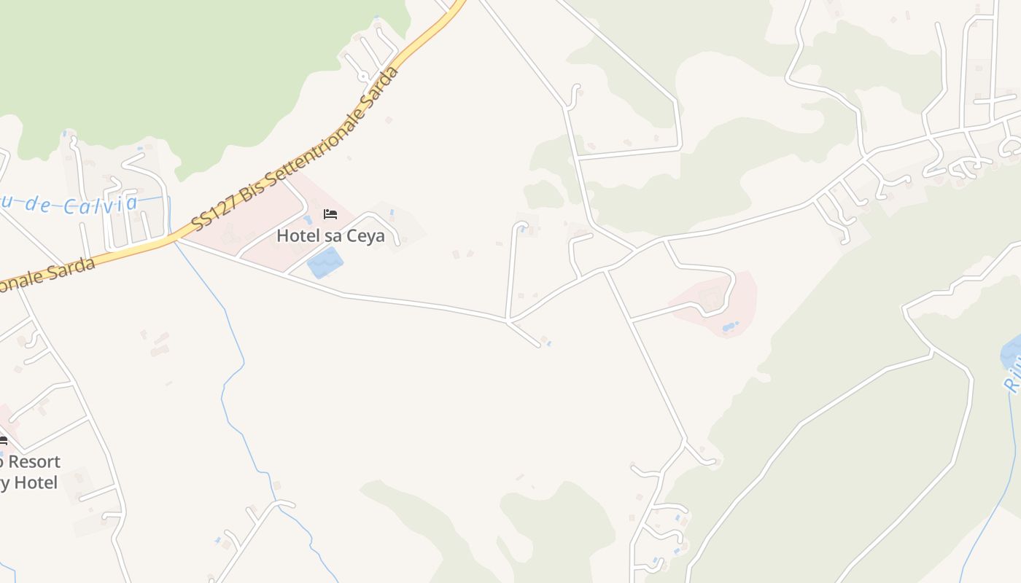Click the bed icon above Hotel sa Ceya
point(330,214)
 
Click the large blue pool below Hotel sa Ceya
point(325,262)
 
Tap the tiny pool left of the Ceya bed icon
point(307,219)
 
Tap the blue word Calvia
point(100,205)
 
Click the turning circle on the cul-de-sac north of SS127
point(362,76)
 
